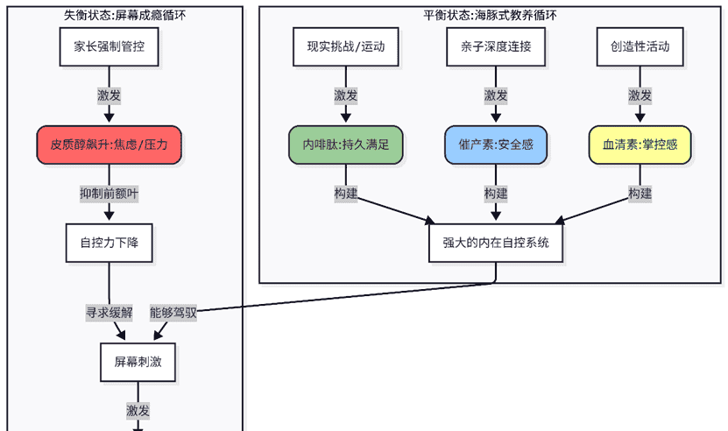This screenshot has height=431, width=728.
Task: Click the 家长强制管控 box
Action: [109, 46]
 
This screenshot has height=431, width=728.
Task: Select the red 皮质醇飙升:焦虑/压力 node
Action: [109, 145]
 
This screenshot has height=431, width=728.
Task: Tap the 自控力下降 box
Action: [109, 243]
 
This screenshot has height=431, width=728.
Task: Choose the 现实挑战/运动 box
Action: [346, 46]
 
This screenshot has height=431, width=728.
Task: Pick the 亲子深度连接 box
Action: [496, 46]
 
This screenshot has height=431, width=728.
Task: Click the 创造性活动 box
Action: [640, 46]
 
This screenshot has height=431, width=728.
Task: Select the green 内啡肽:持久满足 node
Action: [346, 145]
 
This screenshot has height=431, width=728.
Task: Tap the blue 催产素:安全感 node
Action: [496, 145]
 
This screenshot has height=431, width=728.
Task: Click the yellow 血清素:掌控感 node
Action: [640, 145]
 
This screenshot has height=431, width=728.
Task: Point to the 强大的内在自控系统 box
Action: [496, 243]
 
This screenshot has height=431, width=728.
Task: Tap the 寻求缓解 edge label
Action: [109, 312]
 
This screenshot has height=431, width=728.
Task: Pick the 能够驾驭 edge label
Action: [173, 312]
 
